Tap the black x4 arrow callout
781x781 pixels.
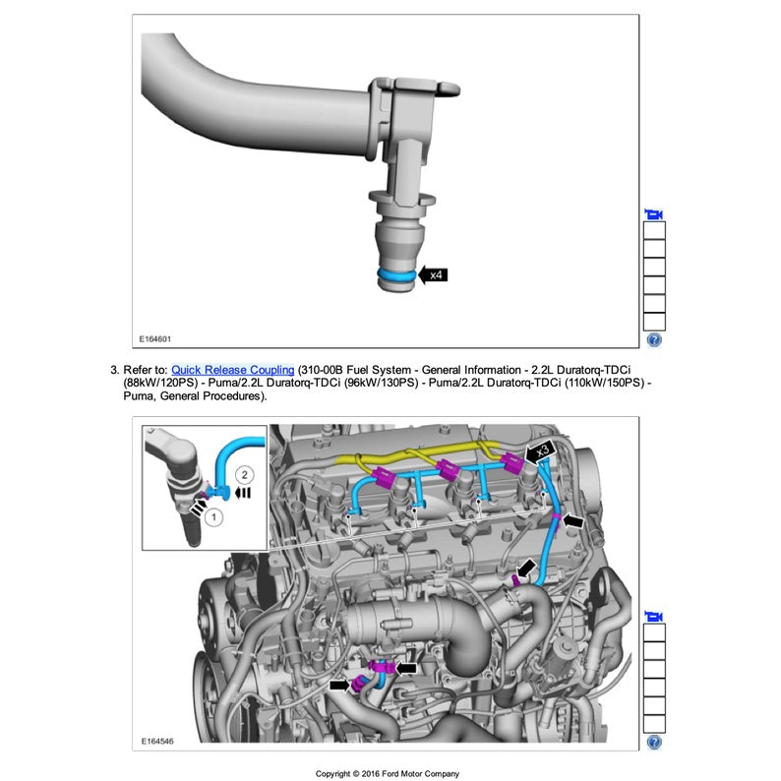click(434, 275)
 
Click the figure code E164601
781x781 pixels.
click(155, 339)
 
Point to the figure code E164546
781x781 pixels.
click(155, 741)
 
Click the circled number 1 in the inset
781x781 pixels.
click(213, 514)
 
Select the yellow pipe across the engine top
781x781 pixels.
click(413, 454)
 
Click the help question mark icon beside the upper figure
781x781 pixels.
click(654, 340)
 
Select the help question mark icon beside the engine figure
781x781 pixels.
click(654, 742)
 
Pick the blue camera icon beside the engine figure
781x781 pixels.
click(654, 617)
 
